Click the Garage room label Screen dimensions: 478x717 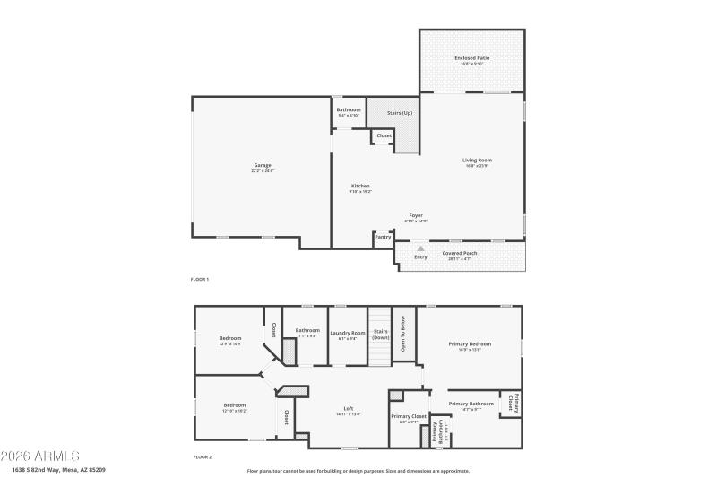click(x=263, y=165)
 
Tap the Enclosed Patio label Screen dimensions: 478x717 click(x=471, y=58)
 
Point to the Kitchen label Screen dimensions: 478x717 click(x=359, y=186)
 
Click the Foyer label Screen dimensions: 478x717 click(x=416, y=215)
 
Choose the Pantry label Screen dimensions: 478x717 click(x=383, y=237)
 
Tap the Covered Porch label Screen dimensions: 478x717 click(x=460, y=253)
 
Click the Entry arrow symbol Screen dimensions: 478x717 click(x=420, y=248)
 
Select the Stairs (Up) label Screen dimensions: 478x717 click(x=400, y=113)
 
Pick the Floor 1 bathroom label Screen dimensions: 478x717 click(x=349, y=109)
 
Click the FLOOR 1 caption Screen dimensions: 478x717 click(x=200, y=280)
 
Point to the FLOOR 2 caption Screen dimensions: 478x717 click(x=202, y=457)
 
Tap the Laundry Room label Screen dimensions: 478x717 click(x=348, y=333)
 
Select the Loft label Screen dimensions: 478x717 click(x=349, y=408)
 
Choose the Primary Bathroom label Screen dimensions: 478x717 click(x=471, y=404)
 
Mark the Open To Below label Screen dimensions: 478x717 click(x=403, y=335)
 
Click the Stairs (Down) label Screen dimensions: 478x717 click(x=381, y=334)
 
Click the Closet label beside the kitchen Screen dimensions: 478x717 click(x=384, y=135)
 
